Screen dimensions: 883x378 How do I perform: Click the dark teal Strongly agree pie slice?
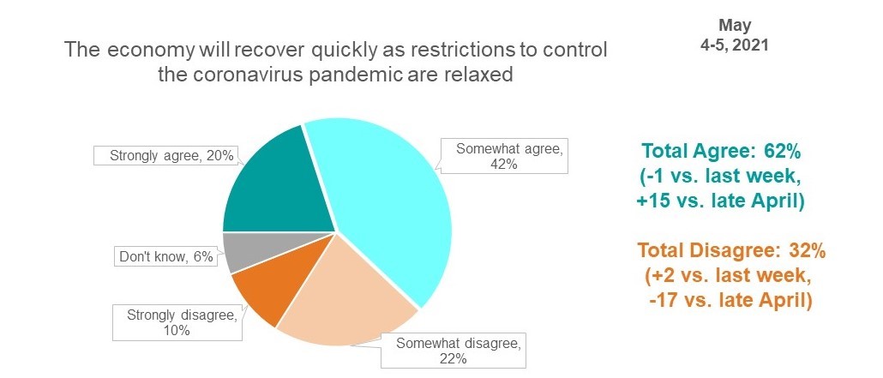(276, 186)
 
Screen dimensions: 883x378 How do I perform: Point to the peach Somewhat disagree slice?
(344, 304)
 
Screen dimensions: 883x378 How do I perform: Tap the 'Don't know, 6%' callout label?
(166, 257)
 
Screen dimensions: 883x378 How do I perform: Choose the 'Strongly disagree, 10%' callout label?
(178, 323)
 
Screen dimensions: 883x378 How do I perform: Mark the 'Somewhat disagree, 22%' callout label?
(454, 351)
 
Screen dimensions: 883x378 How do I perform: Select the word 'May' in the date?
(735, 26)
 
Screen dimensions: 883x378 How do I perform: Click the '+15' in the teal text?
(652, 201)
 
